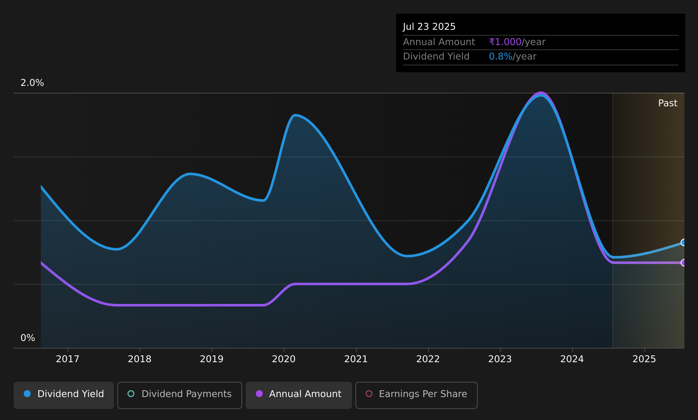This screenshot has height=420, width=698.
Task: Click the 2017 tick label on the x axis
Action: coord(68,359)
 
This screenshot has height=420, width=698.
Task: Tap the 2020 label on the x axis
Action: coord(284,359)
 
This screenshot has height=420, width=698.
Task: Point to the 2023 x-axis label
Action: coord(500,359)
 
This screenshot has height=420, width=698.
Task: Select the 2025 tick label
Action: coord(644,359)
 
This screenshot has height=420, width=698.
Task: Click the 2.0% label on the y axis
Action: coord(32,83)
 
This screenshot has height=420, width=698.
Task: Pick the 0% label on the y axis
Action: coord(28,338)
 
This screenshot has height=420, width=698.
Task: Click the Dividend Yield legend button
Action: coord(64,395)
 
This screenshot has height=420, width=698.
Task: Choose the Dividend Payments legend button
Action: coord(180,395)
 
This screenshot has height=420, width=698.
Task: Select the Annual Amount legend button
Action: coord(299,395)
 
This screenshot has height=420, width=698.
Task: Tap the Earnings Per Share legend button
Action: coord(416,395)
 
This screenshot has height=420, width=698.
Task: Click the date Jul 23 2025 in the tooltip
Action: coord(429,27)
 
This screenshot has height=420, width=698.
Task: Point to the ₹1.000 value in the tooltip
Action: coord(505,42)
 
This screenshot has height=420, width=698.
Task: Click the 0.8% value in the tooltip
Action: coord(500,57)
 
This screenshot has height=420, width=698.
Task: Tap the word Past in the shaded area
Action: coord(667,103)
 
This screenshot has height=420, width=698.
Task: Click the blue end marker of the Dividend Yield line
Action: coord(684,242)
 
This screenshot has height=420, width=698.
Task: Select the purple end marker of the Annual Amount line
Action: coord(684,263)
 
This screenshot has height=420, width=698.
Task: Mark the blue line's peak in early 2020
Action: coord(295,115)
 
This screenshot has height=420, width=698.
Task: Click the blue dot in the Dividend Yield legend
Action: coord(28,394)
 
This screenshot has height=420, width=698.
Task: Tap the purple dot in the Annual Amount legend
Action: coord(259,394)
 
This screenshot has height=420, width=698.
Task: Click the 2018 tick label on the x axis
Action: coord(139,359)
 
